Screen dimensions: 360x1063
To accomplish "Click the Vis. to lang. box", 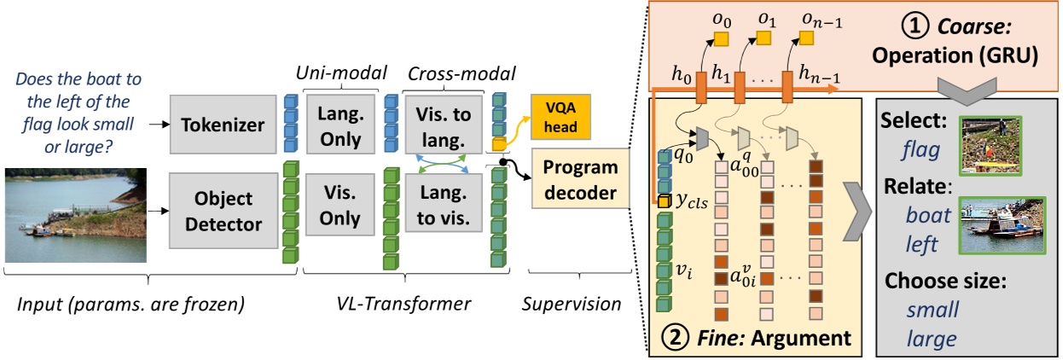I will tap(442, 126).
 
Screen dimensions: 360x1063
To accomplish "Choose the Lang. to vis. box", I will tap(442, 206).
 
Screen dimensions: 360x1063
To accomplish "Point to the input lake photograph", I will tap(76, 214).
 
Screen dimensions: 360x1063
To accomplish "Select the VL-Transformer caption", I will tap(410, 302).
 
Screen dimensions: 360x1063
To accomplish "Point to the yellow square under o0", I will tap(722, 38).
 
